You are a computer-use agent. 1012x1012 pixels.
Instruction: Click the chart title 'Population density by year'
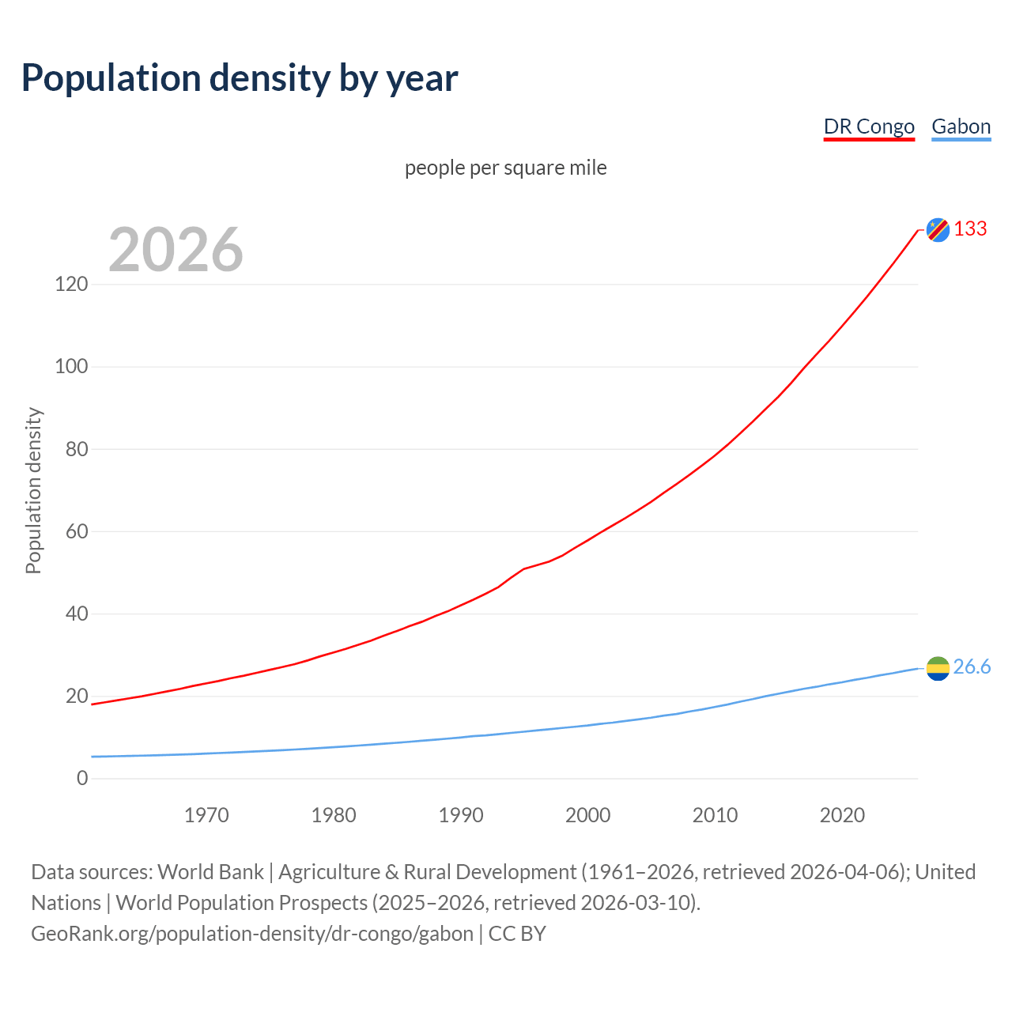click(x=240, y=78)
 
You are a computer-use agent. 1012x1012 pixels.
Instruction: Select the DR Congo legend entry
click(x=869, y=126)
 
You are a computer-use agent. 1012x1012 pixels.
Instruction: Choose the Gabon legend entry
click(x=961, y=126)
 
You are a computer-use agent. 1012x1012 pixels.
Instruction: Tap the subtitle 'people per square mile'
click(x=505, y=168)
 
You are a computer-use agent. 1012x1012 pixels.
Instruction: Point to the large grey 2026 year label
click(x=176, y=250)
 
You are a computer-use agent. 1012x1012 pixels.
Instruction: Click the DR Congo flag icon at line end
click(x=938, y=229)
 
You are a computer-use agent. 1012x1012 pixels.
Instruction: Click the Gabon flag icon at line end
click(x=938, y=668)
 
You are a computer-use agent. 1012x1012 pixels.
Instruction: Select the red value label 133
click(x=970, y=228)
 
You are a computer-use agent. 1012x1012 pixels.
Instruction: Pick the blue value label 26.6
click(x=972, y=667)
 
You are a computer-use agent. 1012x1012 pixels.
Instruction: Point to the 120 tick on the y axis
click(x=71, y=284)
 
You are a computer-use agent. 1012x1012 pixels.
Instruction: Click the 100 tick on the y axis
click(x=71, y=367)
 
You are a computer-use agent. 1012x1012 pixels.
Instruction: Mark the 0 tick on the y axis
click(x=82, y=779)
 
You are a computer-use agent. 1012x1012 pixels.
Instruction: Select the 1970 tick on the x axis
click(x=206, y=815)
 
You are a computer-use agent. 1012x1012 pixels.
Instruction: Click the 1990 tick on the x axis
click(x=461, y=815)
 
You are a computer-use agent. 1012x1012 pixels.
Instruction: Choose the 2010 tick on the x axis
click(x=715, y=815)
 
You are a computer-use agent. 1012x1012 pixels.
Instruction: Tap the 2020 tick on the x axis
click(x=842, y=815)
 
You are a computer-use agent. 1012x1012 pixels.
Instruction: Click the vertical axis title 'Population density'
click(x=33, y=490)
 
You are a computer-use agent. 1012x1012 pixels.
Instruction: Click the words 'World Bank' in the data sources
click(x=210, y=872)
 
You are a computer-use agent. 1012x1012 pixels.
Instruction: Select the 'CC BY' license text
click(x=517, y=934)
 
